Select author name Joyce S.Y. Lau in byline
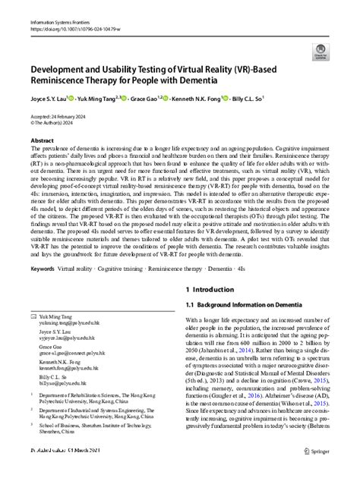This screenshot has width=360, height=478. (46, 99)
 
